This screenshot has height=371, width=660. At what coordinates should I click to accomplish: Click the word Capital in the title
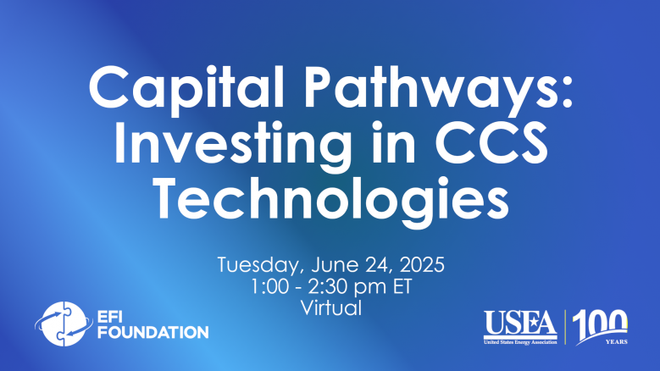click(x=186, y=89)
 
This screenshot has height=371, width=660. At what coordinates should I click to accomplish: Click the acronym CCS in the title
click(x=491, y=142)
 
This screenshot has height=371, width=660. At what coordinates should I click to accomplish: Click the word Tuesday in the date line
click(x=260, y=265)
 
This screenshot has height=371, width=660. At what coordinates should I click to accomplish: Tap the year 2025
click(x=422, y=264)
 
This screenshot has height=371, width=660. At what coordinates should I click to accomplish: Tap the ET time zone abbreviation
click(x=402, y=287)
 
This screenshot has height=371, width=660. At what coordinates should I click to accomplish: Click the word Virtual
click(x=330, y=308)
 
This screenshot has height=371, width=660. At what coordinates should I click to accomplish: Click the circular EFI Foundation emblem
click(x=64, y=324)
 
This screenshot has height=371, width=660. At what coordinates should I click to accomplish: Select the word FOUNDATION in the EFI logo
click(x=153, y=332)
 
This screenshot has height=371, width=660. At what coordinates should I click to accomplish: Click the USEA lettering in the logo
click(x=520, y=323)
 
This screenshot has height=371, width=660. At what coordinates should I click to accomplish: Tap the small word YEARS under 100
click(x=617, y=341)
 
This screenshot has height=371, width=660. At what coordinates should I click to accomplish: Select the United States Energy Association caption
click(x=520, y=342)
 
